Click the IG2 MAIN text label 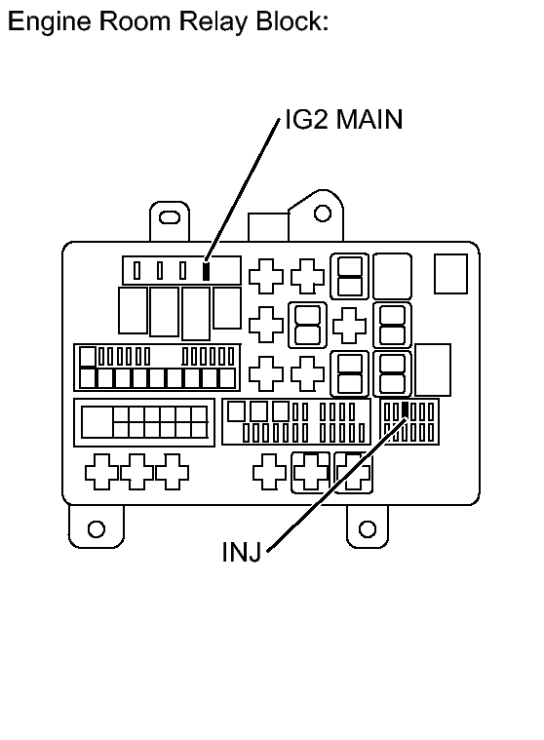click(343, 120)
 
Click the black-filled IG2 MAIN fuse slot click(206, 270)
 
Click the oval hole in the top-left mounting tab click(170, 216)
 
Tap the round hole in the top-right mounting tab click(322, 213)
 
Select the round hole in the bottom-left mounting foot click(96, 528)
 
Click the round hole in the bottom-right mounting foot click(368, 528)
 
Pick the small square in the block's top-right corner click(450, 274)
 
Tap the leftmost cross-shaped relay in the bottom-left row click(102, 472)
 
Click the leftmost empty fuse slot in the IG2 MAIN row click(137, 270)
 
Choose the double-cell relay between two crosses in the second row click(307, 323)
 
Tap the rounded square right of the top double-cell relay click(393, 274)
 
